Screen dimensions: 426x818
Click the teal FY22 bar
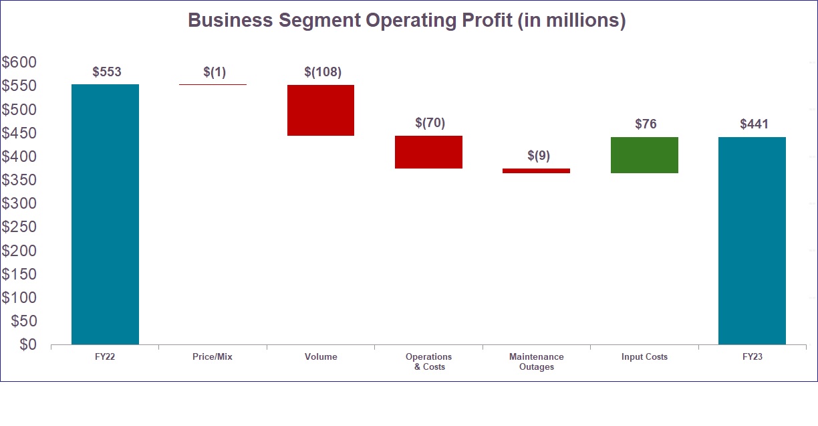pyautogui.click(x=105, y=214)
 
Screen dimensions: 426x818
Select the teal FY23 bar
pyautogui.click(x=752, y=241)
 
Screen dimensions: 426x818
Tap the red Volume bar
pyautogui.click(x=321, y=110)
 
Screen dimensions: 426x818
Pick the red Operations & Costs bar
pyautogui.click(x=428, y=152)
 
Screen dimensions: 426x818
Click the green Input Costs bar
pyautogui.click(x=644, y=155)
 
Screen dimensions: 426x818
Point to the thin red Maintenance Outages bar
pyautogui.click(x=536, y=171)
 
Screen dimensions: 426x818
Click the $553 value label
pyautogui.click(x=107, y=72)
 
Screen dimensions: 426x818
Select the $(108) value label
pyautogui.click(x=323, y=72)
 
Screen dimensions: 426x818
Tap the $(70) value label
pyautogui.click(x=430, y=123)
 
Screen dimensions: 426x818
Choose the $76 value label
pyautogui.click(x=646, y=124)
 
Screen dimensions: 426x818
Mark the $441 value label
pyautogui.click(x=754, y=124)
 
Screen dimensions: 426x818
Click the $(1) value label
pyautogui.click(x=215, y=72)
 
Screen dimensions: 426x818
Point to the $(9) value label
pyautogui.click(x=538, y=156)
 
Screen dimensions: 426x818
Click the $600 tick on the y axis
pyautogui.click(x=19, y=62)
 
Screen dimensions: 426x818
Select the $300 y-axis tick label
pyautogui.click(x=19, y=203)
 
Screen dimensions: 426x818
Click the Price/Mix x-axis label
pyautogui.click(x=213, y=357)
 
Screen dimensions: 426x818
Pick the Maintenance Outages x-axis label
pyautogui.click(x=536, y=362)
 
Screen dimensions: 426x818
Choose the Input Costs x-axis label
pyautogui.click(x=644, y=357)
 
